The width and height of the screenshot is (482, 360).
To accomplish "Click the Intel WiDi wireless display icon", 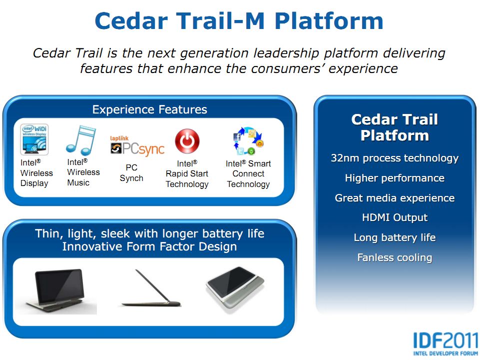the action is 34,139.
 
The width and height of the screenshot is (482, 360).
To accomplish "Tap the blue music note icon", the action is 81,140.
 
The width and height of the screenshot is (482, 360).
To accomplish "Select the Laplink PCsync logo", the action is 137,145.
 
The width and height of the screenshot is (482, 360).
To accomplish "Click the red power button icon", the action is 187,141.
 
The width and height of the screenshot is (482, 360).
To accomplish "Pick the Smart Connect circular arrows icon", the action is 248,141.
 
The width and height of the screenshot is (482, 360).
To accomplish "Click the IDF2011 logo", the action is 446,344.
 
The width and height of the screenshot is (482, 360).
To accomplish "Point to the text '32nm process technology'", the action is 395,158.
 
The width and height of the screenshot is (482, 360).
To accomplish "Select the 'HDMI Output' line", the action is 395,217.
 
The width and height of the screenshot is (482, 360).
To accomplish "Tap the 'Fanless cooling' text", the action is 395,257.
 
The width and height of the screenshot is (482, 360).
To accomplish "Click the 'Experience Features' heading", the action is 150,109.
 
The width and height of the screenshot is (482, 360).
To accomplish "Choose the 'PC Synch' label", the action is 131,173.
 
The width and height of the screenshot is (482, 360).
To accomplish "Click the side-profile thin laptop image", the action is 151,288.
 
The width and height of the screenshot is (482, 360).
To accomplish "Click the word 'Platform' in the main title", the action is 329,21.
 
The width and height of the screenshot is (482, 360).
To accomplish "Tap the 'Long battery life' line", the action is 395,237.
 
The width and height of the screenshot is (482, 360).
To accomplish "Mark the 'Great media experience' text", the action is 395,198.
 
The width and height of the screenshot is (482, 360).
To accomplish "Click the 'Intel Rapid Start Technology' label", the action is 187,174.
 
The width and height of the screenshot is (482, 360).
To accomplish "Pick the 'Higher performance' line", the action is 395,178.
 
